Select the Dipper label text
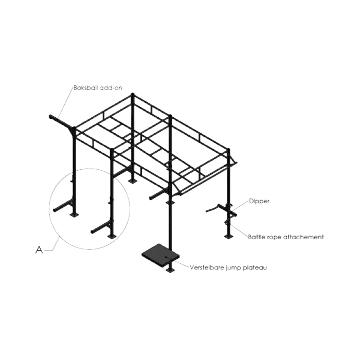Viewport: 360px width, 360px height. pos(259,202)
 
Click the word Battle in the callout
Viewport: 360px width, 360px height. pos(256,237)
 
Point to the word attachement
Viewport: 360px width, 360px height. pos(303,237)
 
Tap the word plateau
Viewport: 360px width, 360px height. pos(255,268)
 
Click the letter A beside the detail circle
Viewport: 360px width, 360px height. pos(39,249)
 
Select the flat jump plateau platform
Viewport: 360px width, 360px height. pos(161,255)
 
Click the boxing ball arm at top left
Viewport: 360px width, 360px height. pos(61,122)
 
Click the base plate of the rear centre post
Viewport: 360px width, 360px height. pos(132,182)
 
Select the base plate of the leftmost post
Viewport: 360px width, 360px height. pos(74,215)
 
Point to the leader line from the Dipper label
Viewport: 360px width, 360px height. pos(240,206)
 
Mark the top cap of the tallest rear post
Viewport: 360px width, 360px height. pos(132,94)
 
